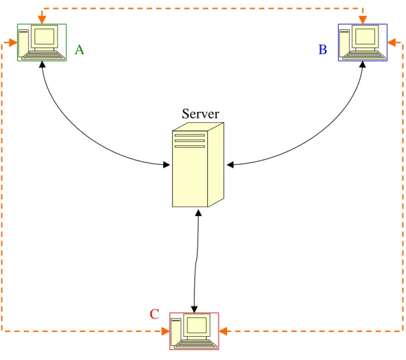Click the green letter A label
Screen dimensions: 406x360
click(79, 49)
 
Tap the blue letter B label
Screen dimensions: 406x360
click(323, 49)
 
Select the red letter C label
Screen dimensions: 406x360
click(154, 314)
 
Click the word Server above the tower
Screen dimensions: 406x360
click(201, 114)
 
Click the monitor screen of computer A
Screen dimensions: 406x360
click(44, 36)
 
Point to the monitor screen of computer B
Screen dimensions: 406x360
click(365, 36)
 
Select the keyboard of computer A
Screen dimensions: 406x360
click(43, 55)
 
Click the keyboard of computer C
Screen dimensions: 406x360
click(196, 344)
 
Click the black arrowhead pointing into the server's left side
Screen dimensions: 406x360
click(167, 165)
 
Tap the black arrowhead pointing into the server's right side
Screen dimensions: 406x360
click(230, 165)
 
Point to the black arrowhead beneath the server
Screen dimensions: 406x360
click(198, 213)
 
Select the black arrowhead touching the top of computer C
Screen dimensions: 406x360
click(194, 309)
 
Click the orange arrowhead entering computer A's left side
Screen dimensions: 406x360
click(13, 42)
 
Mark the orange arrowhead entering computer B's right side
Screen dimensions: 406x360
click(392, 42)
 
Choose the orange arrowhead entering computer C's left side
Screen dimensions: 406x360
click(165, 331)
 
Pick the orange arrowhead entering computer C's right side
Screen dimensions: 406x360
click(223, 331)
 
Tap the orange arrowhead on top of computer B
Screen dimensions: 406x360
click(363, 20)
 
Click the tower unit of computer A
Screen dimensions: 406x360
click(23, 43)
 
